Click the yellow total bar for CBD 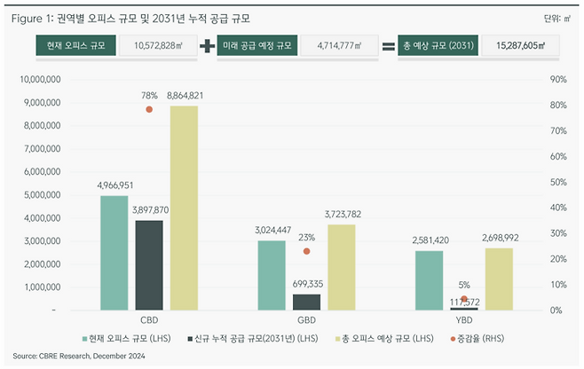184,208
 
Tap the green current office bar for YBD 429,280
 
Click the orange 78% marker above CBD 149,109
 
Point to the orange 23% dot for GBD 306,251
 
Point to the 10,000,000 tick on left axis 39,79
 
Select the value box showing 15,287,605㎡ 519,46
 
